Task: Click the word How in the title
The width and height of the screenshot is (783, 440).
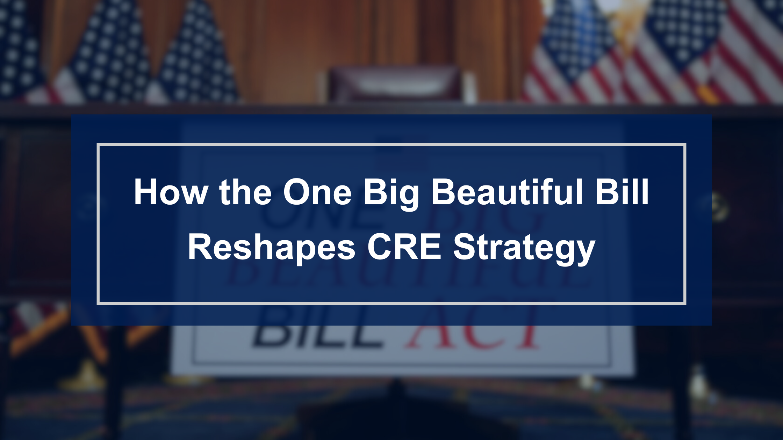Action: pyautogui.click(x=171, y=192)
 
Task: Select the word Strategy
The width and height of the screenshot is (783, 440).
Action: pyautogui.click(x=524, y=249)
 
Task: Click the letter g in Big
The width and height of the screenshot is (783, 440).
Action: pyautogui.click(x=410, y=197)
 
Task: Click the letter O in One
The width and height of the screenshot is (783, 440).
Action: pyautogui.click(x=297, y=192)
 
